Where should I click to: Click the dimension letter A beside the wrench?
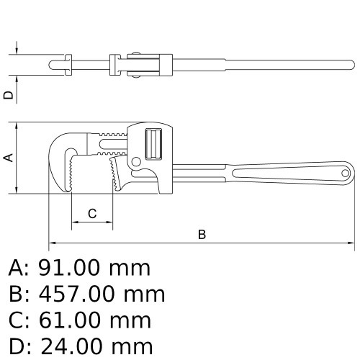pos(9,157)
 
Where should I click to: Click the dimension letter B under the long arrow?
pos(202,234)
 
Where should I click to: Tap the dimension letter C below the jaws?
pos(92,213)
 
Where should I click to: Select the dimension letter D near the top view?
pos(9,94)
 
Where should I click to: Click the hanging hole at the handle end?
pos(346,173)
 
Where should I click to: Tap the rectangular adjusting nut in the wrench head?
pos(153,143)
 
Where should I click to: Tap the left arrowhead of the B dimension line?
pos(51,242)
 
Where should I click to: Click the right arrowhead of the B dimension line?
pos(353,242)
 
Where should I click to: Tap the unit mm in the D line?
pos(133,345)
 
